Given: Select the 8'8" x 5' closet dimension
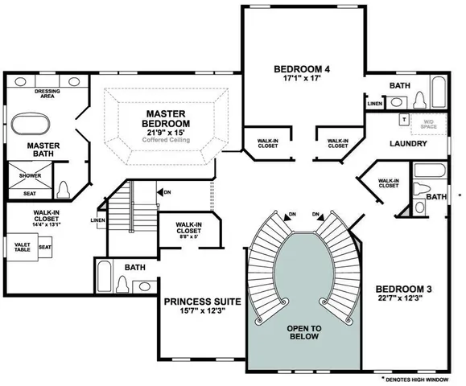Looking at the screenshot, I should pos(188,239).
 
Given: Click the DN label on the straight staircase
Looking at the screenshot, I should pos(166,192).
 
